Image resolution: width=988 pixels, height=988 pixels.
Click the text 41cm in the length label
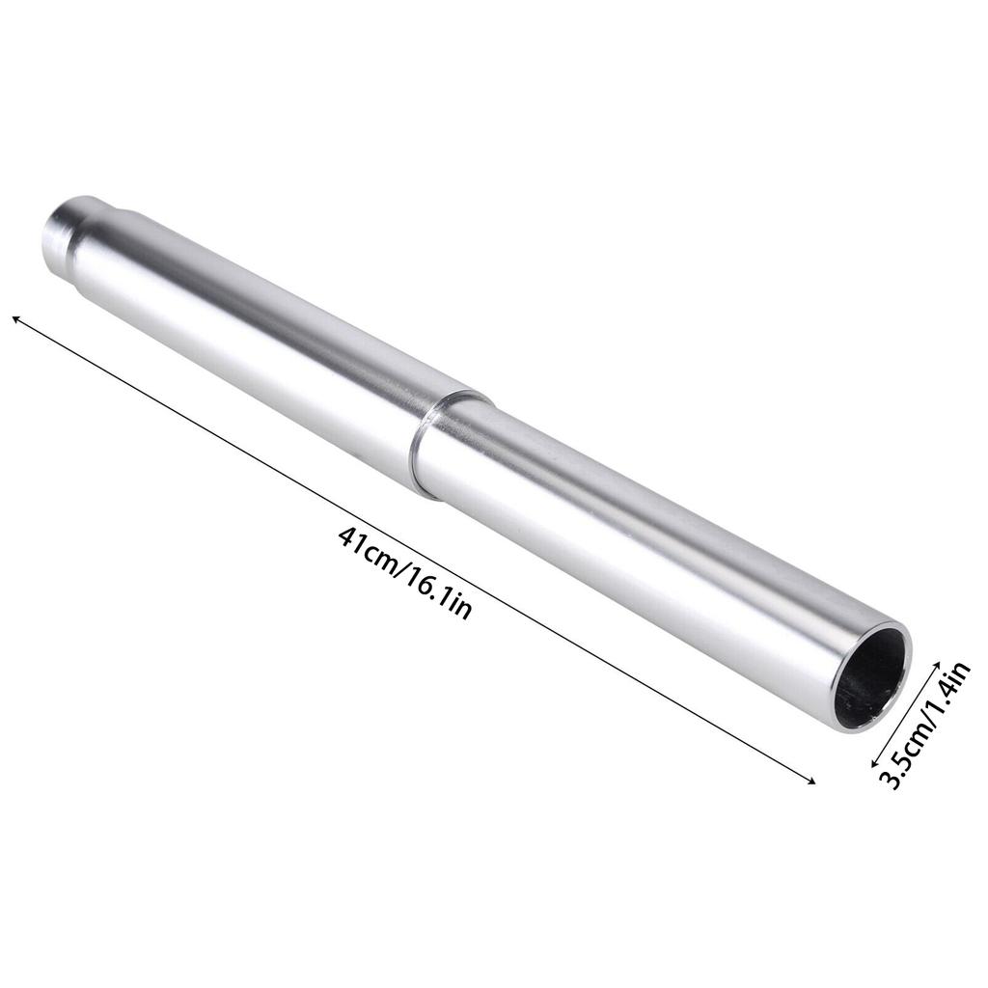pos(366,549)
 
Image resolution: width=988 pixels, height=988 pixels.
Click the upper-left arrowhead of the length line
pos(16,318)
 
